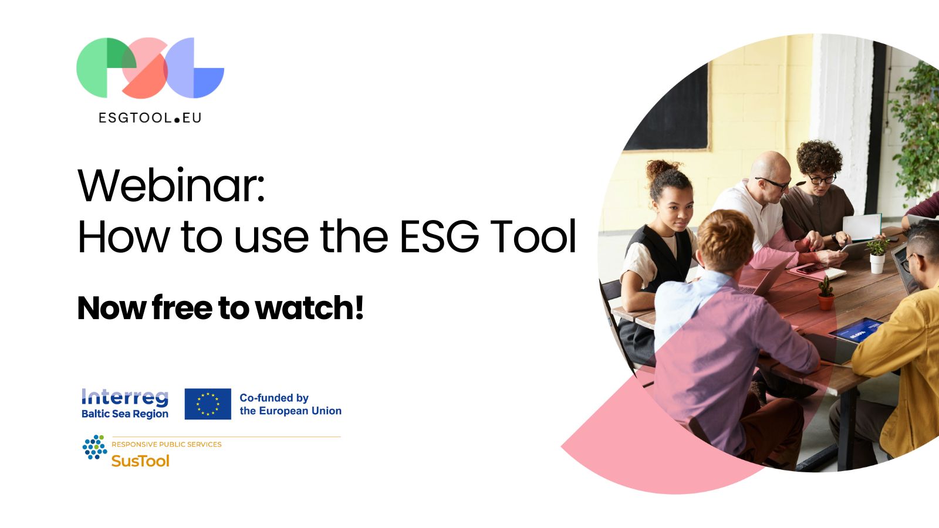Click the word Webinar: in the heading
pos(171,185)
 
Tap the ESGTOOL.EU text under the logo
pos(150,118)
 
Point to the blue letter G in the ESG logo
pos(195,68)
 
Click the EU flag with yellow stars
pos(208,404)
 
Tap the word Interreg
pos(125,397)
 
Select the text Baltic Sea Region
pos(125,414)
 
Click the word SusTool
pos(140,461)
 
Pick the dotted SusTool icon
pos(94,447)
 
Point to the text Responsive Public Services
pos(167,444)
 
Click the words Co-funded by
pos(273,398)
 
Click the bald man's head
pos(771,174)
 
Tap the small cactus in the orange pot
pos(825,293)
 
